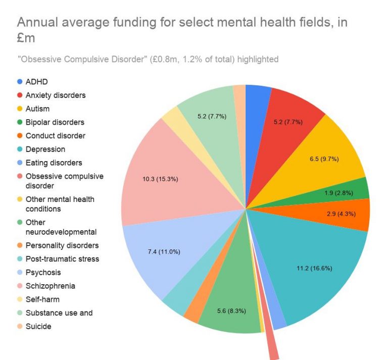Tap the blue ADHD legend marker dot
[x=20, y=81]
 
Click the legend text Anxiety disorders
[x=56, y=95]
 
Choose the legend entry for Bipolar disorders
[x=55, y=122]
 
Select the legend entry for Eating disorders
[x=54, y=163]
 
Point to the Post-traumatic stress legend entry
[x=62, y=259]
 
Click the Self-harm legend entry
[x=45, y=299]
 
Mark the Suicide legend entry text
[x=38, y=326]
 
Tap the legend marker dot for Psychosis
[x=20, y=272]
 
